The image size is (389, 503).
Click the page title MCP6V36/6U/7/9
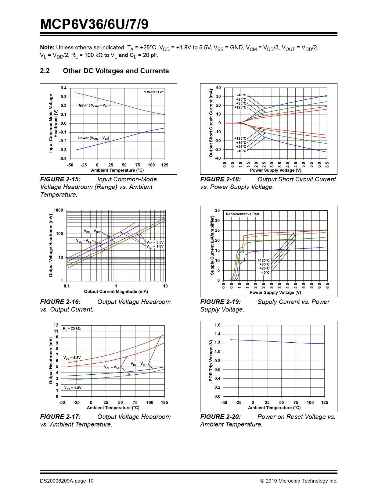[x=94, y=24]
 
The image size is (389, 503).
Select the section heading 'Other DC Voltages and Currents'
[x=116, y=71]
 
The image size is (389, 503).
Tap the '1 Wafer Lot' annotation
[x=154, y=92]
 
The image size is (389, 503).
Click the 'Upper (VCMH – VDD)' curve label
[x=93, y=105]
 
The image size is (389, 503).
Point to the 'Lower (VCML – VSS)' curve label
[x=93, y=138]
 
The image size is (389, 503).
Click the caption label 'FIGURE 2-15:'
[x=60, y=179]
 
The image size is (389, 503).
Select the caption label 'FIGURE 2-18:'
[x=221, y=179]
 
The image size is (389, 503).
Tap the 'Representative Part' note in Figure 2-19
[x=243, y=214]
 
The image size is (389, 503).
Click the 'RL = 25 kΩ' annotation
[x=72, y=328]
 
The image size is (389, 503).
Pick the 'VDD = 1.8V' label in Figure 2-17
[x=73, y=388]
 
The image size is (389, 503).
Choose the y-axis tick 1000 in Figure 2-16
[x=58, y=210]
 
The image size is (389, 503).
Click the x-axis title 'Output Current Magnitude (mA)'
[x=116, y=291]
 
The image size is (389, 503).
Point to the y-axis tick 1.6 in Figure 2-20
[x=217, y=325]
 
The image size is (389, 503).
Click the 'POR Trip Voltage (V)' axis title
[x=211, y=361]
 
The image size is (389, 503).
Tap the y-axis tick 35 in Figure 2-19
[x=217, y=210]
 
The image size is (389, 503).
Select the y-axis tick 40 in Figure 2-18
[x=218, y=87]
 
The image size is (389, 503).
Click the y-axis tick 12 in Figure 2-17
[x=56, y=325]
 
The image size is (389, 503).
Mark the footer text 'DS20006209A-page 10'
[x=67, y=481]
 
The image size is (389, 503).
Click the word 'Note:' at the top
[x=47, y=47]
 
